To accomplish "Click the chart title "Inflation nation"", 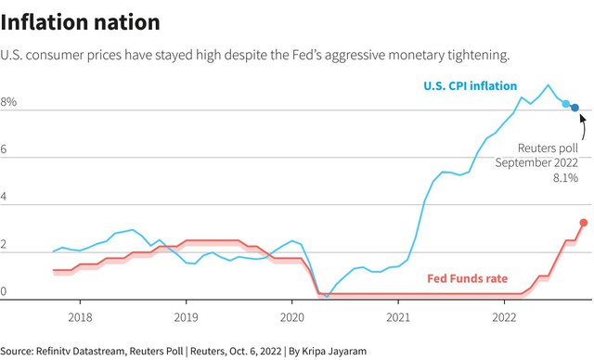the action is click(x=81, y=22).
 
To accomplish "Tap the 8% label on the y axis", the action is click(x=8, y=102).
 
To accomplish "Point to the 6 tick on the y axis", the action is click(x=4, y=149).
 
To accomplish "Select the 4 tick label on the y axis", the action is click(x=4, y=197).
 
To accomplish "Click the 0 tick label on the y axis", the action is click(x=4, y=291).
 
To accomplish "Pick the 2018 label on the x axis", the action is click(x=80, y=317).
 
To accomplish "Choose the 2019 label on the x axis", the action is click(x=186, y=317).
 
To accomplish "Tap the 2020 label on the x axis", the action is click(x=292, y=317).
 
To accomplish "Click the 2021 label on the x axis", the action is click(x=398, y=317).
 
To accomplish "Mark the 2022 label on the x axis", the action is click(x=504, y=317).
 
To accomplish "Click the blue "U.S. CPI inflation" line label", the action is click(x=471, y=86).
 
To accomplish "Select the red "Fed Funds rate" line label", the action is click(x=468, y=278).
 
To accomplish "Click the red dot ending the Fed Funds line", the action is click(x=584, y=223).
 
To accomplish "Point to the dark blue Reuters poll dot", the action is click(x=575, y=108).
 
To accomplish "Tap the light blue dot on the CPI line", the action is click(x=565, y=103).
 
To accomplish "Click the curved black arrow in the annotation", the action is click(x=584, y=127).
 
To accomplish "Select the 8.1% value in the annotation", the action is click(x=565, y=177).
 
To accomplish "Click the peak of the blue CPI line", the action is click(x=548, y=84).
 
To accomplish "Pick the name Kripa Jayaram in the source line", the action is click(x=334, y=352).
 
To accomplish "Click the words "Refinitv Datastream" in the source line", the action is click(x=80, y=351).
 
